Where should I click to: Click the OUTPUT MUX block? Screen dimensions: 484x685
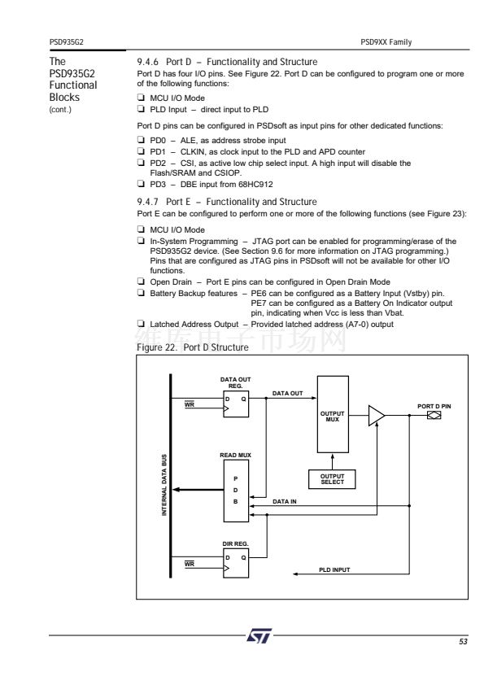click(333, 414)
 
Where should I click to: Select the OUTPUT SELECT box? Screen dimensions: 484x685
click(332, 479)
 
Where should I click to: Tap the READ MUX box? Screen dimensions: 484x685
click(236, 491)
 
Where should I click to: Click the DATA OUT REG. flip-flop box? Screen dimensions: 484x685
click(236, 404)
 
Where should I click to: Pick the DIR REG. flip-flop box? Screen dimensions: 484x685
click(236, 563)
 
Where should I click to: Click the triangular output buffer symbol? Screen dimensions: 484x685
click(377, 415)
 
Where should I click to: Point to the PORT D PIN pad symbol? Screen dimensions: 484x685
click(434, 415)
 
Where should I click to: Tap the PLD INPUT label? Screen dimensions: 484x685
click(334, 569)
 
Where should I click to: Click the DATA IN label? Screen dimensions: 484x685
click(285, 501)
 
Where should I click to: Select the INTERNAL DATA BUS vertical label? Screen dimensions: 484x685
click(164, 485)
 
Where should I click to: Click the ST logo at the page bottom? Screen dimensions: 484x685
click(259, 635)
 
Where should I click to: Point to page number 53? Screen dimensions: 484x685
click(463, 641)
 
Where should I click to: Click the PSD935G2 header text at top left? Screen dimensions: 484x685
click(67, 42)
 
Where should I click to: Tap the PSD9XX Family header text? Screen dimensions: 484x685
click(386, 42)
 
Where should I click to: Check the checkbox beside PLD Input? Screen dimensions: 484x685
click(141, 108)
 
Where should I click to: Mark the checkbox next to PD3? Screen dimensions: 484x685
click(141, 184)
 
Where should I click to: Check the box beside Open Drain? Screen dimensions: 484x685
click(141, 281)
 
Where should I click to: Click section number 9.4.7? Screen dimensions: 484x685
click(147, 202)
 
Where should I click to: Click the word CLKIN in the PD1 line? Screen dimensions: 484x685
click(193, 151)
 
